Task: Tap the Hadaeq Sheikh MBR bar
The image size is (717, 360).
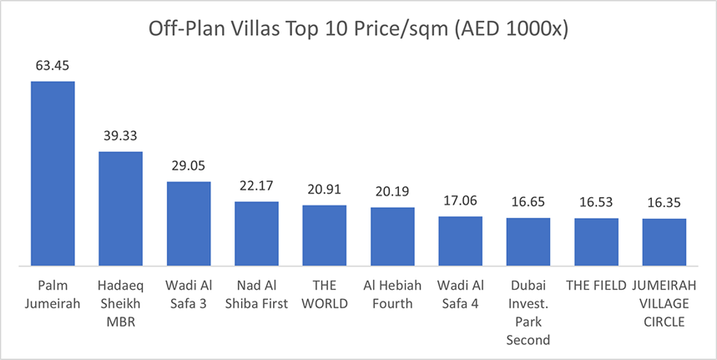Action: [121, 209]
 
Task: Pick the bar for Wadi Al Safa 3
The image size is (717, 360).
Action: [189, 224]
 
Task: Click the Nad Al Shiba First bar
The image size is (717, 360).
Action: [256, 234]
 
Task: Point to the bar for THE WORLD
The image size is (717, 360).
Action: [325, 236]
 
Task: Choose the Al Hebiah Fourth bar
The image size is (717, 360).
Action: [392, 236]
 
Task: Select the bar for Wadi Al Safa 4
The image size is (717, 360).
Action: [461, 241]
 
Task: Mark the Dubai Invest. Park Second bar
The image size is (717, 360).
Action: [528, 242]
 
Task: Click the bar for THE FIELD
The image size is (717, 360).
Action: [596, 242]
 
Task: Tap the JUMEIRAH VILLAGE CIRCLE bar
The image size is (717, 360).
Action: [664, 242]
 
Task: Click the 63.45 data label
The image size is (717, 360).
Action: [53, 63]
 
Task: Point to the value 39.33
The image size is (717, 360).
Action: [121, 134]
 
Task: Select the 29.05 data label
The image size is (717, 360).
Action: [189, 165]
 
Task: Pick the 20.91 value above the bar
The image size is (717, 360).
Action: [325, 188]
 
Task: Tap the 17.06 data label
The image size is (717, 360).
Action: [461, 200]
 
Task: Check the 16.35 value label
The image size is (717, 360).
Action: [664, 201]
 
